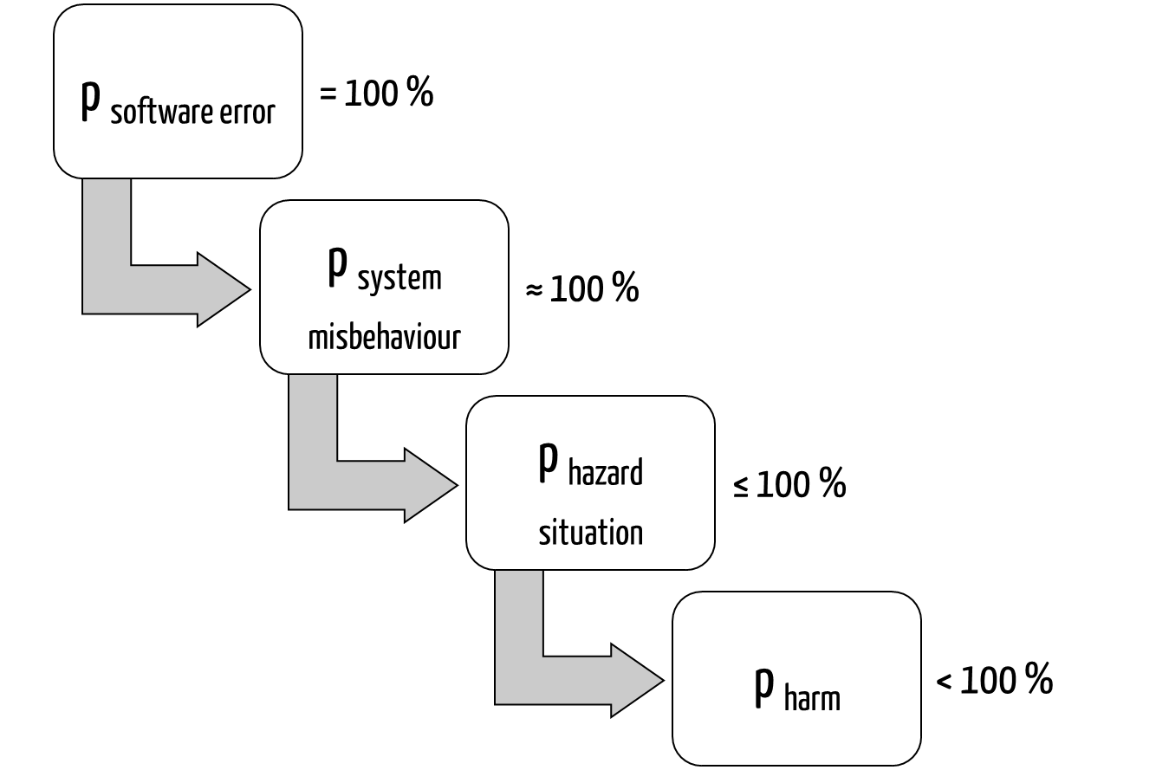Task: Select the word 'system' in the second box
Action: (399, 279)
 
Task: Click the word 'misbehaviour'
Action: (384, 336)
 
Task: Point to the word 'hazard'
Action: (605, 473)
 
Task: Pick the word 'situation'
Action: (591, 532)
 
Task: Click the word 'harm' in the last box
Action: (812, 698)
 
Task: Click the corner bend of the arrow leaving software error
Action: (107, 289)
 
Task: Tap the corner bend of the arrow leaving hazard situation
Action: (519, 680)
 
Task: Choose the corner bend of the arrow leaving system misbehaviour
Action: (313, 485)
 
